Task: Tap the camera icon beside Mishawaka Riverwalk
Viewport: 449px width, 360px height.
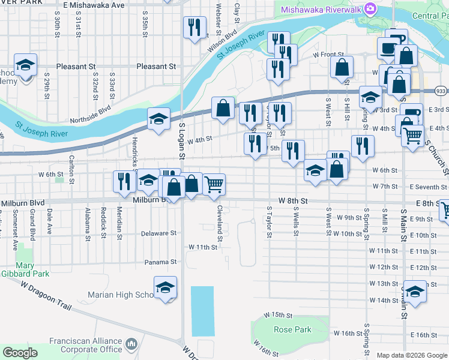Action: tap(370, 8)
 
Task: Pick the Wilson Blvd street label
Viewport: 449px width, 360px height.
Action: tap(219, 46)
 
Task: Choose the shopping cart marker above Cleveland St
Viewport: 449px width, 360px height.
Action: tap(214, 184)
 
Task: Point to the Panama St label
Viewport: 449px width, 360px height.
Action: tap(160, 262)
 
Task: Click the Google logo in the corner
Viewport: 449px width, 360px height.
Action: tap(20, 353)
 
